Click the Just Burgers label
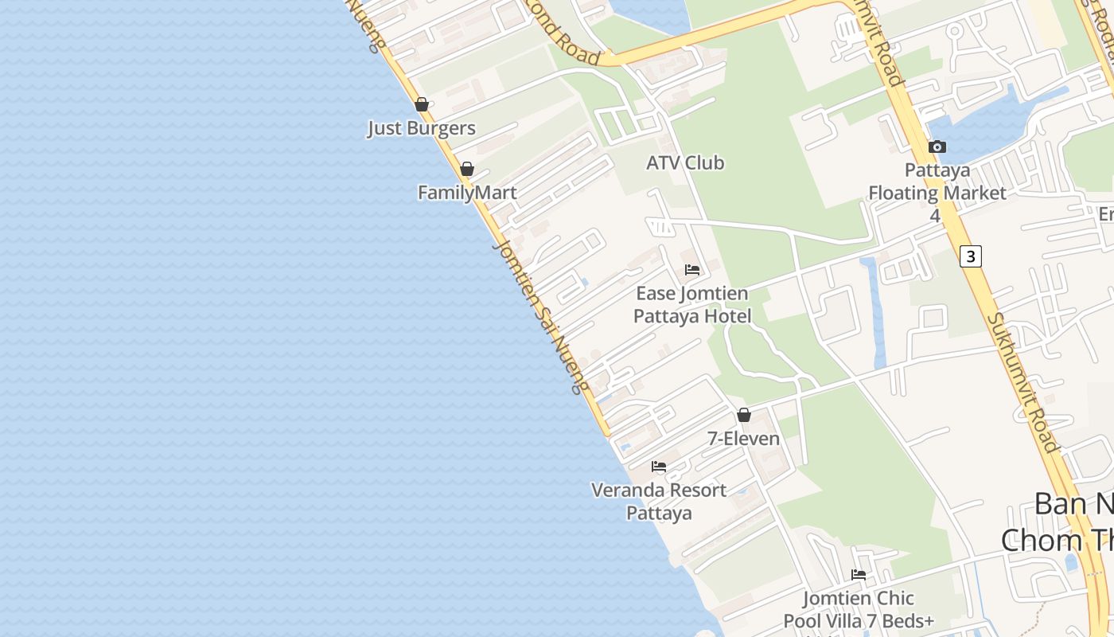(421, 128)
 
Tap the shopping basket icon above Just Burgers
(422, 104)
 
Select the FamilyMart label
(467, 193)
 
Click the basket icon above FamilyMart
(467, 169)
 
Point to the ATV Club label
(685, 163)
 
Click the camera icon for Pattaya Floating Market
(937, 147)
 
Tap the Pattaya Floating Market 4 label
(937, 193)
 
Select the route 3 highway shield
(970, 256)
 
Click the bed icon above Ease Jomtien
(692, 270)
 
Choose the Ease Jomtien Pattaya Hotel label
(692, 305)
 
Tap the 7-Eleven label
(744, 439)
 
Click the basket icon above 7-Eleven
(744, 415)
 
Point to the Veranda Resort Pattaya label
(659, 502)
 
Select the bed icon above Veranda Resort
(659, 467)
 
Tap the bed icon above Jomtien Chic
(859, 574)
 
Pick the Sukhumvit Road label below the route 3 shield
(1023, 382)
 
